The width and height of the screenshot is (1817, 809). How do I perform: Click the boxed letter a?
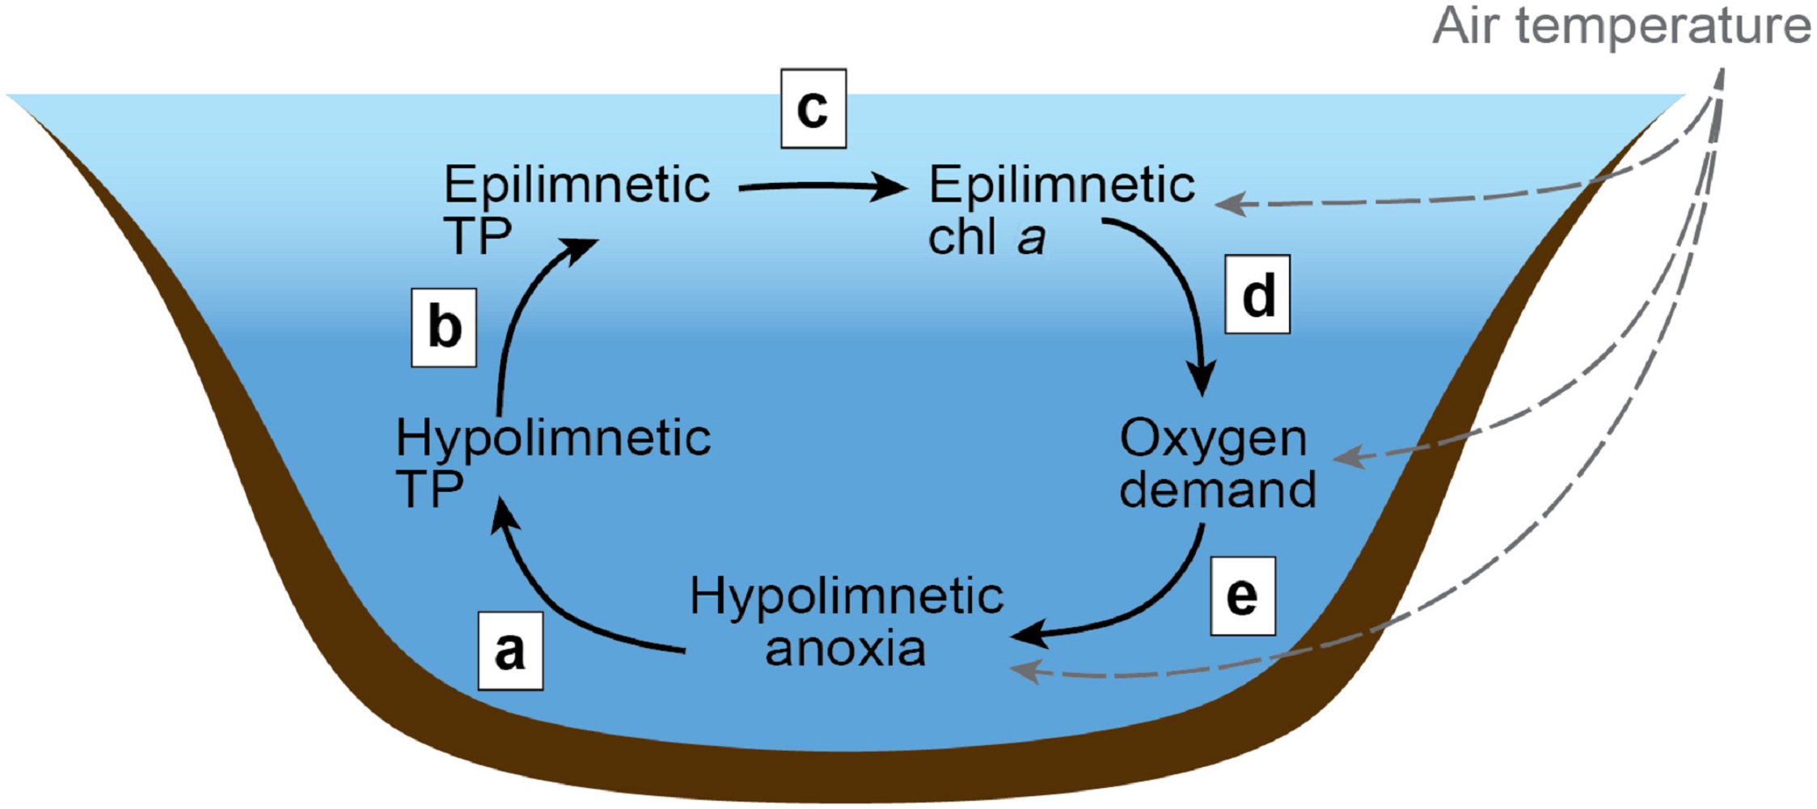(510, 650)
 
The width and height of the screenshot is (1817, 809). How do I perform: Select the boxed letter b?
(444, 328)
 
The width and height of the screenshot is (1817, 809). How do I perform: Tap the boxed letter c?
(813, 108)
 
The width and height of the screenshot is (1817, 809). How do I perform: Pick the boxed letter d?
(1257, 294)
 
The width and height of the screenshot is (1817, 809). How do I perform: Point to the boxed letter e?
(1242, 596)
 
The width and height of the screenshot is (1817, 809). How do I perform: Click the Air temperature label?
(1621, 26)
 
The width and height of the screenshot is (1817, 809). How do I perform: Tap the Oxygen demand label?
(1217, 464)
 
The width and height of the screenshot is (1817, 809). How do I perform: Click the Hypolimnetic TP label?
(553, 464)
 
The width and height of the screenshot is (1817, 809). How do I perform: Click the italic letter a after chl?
(1031, 238)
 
